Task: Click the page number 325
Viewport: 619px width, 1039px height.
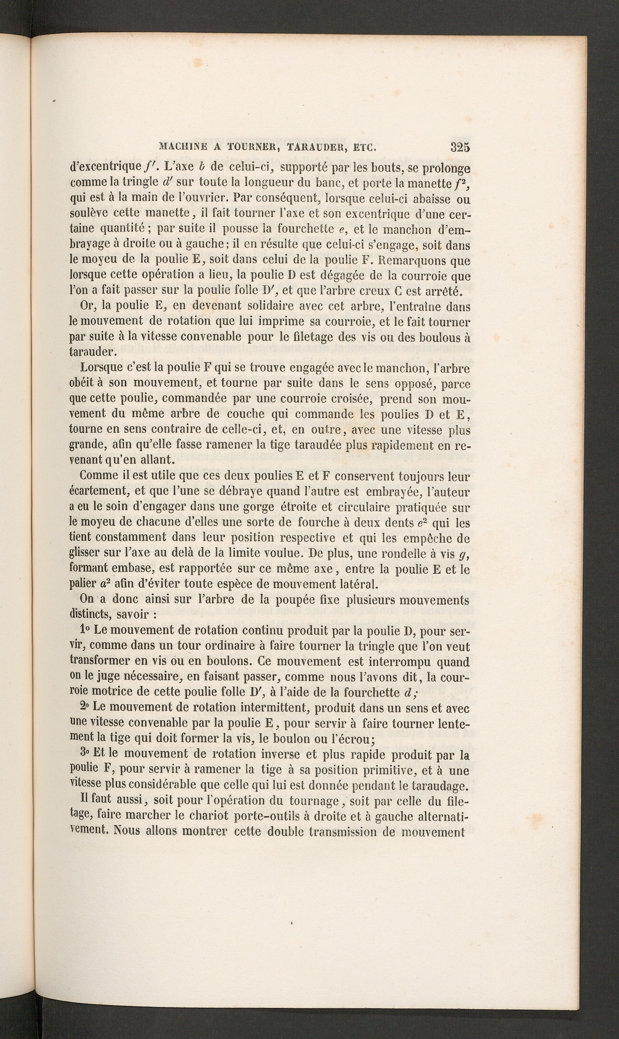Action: tap(460, 147)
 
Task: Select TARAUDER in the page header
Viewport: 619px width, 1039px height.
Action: tap(311, 147)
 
